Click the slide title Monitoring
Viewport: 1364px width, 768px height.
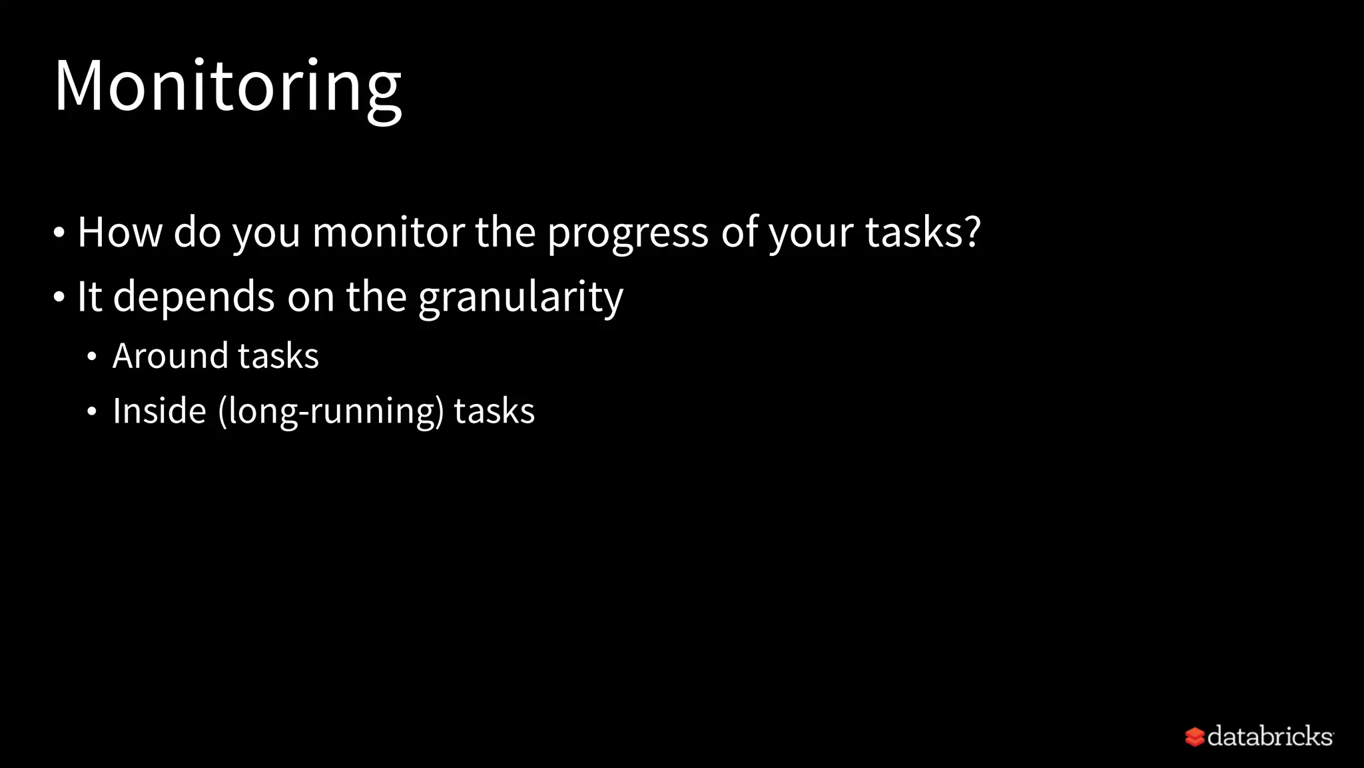click(228, 87)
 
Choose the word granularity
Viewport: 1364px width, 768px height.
click(521, 297)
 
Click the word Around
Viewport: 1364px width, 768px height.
click(169, 355)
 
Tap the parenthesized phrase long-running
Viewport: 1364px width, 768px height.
click(330, 411)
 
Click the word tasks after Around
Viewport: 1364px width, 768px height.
click(278, 355)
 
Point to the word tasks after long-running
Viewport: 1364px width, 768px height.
click(494, 411)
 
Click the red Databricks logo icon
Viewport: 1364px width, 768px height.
click(1194, 737)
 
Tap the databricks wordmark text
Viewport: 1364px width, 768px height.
click(1269, 736)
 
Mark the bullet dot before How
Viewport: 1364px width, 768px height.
click(59, 233)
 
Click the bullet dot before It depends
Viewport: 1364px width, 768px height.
click(59, 297)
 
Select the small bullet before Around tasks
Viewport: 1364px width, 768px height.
click(92, 357)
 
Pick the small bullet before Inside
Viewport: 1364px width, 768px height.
click(92, 411)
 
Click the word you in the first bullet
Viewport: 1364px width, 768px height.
click(266, 235)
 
